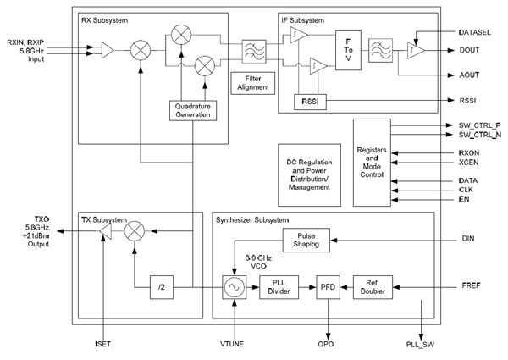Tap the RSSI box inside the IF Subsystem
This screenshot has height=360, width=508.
(x=307, y=102)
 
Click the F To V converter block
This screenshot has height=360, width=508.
(x=348, y=52)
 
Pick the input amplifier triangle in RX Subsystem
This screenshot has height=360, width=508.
(x=107, y=52)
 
